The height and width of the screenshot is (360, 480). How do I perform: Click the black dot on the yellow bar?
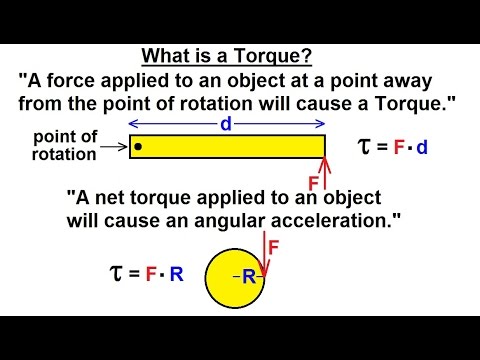point(137,148)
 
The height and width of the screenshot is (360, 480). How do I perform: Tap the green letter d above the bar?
point(226,124)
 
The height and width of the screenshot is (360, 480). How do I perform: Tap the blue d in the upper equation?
point(422,149)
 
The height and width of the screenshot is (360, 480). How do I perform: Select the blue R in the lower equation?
point(176,272)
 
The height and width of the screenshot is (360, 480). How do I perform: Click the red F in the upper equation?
point(398,149)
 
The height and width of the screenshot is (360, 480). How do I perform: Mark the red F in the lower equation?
point(151,272)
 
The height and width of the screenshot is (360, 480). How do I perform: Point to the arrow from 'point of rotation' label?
point(112,149)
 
